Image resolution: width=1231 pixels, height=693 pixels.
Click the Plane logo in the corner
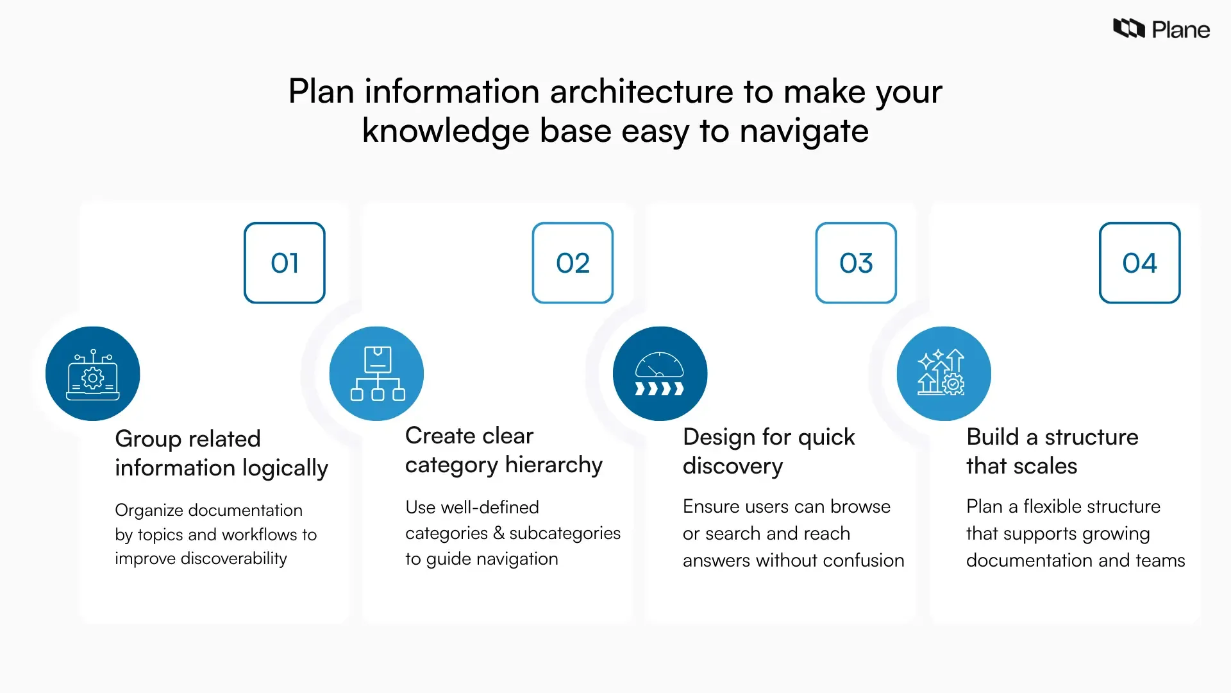(1160, 30)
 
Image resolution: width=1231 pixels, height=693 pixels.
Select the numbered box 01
(285, 263)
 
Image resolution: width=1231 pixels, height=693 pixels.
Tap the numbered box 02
(573, 263)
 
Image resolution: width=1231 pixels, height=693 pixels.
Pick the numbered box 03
(856, 263)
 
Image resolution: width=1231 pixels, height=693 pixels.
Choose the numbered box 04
(1139, 263)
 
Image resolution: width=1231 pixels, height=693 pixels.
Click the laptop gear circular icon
(93, 374)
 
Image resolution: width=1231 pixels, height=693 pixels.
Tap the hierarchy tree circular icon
(377, 374)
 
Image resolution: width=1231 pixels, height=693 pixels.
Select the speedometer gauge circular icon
(660, 374)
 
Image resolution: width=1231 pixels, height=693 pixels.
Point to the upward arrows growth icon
(943, 374)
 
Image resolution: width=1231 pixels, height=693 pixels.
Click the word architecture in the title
(641, 91)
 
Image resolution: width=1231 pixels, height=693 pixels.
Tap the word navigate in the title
(804, 132)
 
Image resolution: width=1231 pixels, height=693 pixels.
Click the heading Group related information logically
(221, 453)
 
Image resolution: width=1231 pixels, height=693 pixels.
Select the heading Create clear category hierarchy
(503, 450)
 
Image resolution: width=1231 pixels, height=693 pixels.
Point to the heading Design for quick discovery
(768, 451)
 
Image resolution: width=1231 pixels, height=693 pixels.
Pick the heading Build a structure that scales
(1051, 451)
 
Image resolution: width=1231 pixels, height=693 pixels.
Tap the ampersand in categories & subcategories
(498, 533)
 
